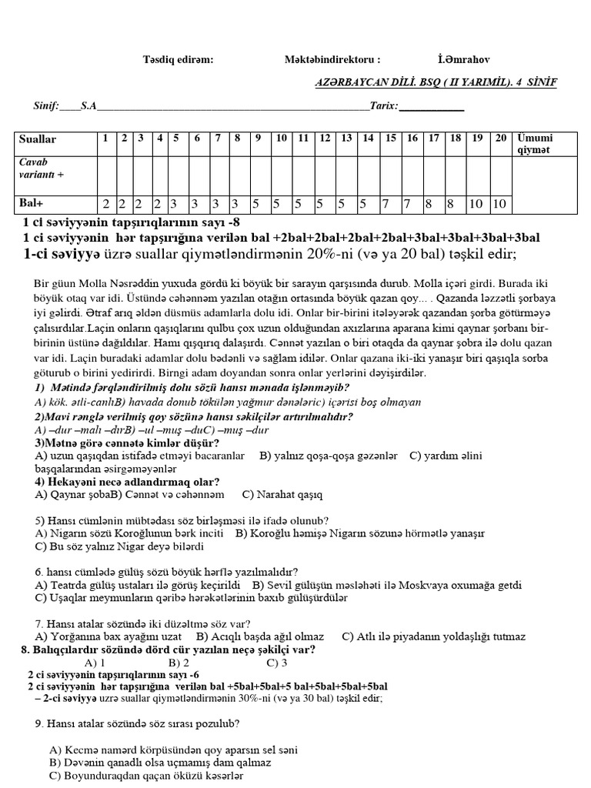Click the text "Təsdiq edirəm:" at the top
(x=179, y=59)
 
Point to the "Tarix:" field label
(x=384, y=107)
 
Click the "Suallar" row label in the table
(x=38, y=139)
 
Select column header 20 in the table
(x=500, y=139)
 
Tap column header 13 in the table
(x=346, y=139)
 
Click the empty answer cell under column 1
(x=105, y=174)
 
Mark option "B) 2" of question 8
(x=181, y=662)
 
